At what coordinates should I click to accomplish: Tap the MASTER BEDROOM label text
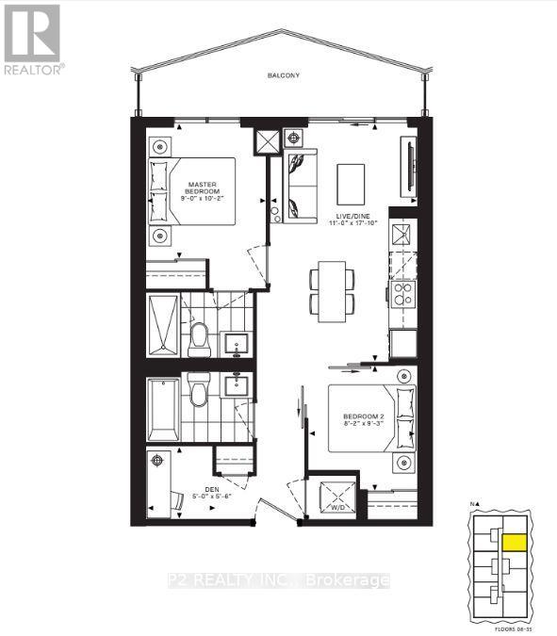203,189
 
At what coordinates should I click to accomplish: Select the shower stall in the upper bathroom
162,325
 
